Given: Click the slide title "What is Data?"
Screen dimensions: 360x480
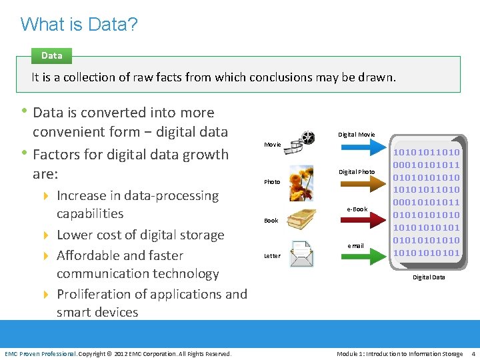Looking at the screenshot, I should pyautogui.click(x=79, y=24).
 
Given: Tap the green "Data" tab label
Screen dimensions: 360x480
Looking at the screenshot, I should pyautogui.click(x=51, y=56).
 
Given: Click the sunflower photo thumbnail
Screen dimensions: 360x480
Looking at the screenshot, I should pyautogui.click(x=301, y=183).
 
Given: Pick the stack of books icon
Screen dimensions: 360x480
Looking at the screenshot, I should pyautogui.click(x=301, y=219).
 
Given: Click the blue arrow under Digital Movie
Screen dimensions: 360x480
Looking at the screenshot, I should pyautogui.click(x=357, y=147).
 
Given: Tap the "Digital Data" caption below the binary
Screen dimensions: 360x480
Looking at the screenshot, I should pyautogui.click(x=429, y=277).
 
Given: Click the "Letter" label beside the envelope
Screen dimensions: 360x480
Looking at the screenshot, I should pyautogui.click(x=272, y=256).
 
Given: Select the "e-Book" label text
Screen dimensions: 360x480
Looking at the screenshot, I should pyautogui.click(x=357, y=209).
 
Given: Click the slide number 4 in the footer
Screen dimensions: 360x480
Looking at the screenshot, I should pyautogui.click(x=473, y=353).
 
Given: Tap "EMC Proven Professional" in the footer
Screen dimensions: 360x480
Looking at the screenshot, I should pyautogui.click(x=41, y=353).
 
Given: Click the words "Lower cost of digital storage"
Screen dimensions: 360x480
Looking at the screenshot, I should pyautogui.click(x=140, y=235).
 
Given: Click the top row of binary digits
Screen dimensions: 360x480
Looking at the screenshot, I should pyautogui.click(x=426, y=153).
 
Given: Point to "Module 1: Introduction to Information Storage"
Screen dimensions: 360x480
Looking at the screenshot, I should pyautogui.click(x=399, y=353).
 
